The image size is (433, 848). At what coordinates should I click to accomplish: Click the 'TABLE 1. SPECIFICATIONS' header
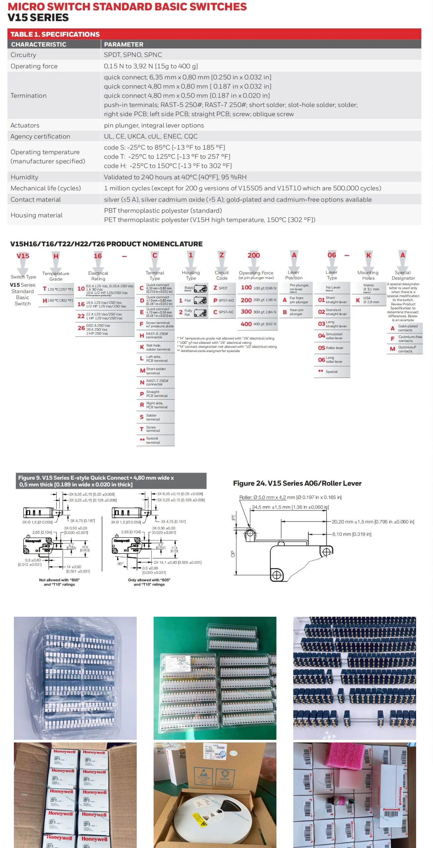pyautogui.click(x=55, y=34)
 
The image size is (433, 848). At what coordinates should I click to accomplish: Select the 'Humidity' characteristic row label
pyautogui.click(x=24, y=177)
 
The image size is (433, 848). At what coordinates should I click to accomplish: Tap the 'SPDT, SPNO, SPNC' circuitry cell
pyautogui.click(x=133, y=55)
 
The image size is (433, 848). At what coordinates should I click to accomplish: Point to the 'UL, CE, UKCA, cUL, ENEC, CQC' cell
pyautogui.click(x=151, y=136)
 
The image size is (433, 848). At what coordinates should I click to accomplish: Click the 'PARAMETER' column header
pyautogui.click(x=123, y=44)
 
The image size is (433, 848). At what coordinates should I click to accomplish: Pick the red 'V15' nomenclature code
pyautogui.click(x=23, y=256)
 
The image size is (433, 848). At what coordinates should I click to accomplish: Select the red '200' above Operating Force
pyautogui.click(x=254, y=255)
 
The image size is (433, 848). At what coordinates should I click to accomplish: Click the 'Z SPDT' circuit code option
pyautogui.click(x=221, y=288)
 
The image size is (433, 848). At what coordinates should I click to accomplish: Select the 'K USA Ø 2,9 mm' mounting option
pyautogui.click(x=368, y=300)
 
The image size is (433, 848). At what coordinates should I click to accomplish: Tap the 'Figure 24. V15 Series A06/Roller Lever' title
pyautogui.click(x=297, y=483)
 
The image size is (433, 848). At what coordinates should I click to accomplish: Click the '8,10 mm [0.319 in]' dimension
pyautogui.click(x=352, y=534)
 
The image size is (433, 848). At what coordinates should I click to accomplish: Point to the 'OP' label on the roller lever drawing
pyautogui.click(x=233, y=554)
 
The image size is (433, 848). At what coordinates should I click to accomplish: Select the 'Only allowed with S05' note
pyautogui.click(x=149, y=582)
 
